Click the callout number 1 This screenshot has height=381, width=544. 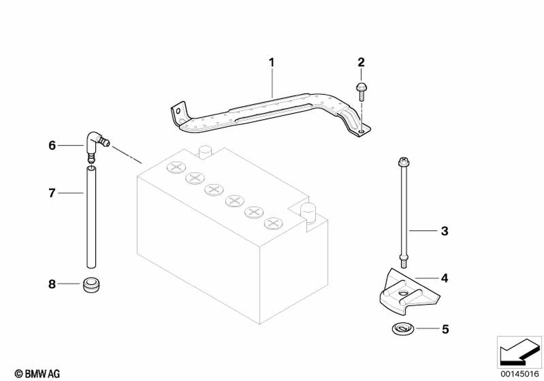click(x=271, y=62)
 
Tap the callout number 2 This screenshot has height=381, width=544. click(x=361, y=62)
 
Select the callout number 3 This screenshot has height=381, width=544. click(x=444, y=231)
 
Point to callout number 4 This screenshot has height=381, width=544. click(x=444, y=278)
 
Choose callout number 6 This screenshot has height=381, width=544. click(x=52, y=145)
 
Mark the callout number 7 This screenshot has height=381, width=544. click(x=52, y=193)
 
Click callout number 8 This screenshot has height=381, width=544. click(x=52, y=284)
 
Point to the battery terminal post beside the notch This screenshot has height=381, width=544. click(x=308, y=213)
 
